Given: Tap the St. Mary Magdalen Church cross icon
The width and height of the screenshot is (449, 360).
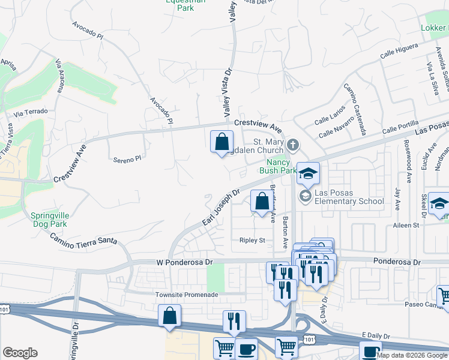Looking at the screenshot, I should pyautogui.click(x=292, y=145).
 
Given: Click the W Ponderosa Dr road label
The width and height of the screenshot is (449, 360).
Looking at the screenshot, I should pyautogui.click(x=185, y=262).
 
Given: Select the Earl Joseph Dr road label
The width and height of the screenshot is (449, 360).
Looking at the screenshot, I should pyautogui.click(x=221, y=208).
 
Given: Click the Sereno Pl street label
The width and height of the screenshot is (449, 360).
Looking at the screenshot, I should pyautogui.click(x=127, y=159).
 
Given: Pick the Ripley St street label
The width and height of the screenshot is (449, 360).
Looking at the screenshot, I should pyautogui.click(x=253, y=241).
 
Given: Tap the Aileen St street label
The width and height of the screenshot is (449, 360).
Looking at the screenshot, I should pyautogui.click(x=405, y=225).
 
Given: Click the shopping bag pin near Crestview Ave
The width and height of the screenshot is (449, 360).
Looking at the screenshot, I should pyautogui.click(x=222, y=142).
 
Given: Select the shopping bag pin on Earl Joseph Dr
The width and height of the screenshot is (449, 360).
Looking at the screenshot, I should pyautogui.click(x=262, y=202).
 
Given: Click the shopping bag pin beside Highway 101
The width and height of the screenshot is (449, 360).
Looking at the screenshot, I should pyautogui.click(x=169, y=316).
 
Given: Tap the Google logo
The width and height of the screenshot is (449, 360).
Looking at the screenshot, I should pyautogui.click(x=20, y=353).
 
